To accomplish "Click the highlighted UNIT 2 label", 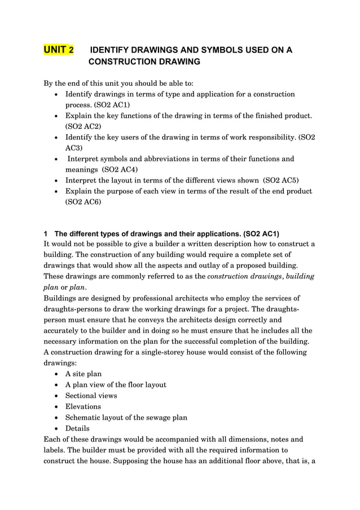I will click(59, 50).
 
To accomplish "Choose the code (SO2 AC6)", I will click(84, 202).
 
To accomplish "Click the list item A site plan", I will click(84, 374).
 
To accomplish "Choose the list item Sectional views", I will click(91, 395).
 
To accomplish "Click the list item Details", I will click(77, 428).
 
